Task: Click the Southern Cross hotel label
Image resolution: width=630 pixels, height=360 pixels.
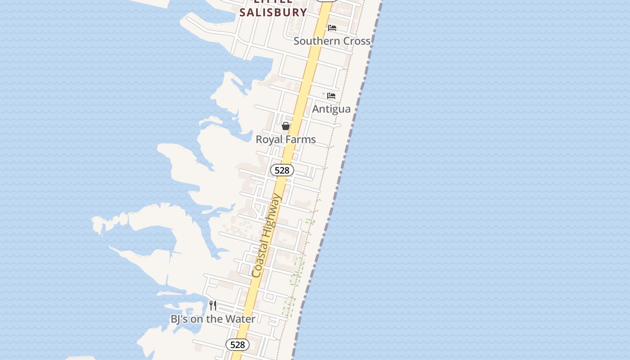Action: (332, 41)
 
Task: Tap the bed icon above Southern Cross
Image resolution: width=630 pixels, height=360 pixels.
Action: (332, 28)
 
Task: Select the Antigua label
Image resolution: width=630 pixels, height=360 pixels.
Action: (331, 109)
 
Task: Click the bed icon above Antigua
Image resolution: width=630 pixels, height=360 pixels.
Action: (331, 96)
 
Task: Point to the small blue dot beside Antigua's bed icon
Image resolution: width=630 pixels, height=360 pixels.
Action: (323, 94)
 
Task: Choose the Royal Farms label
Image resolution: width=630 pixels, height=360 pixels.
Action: (286, 139)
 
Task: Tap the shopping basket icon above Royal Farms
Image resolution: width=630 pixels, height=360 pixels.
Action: (286, 126)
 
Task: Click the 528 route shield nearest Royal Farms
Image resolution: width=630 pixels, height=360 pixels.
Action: (282, 170)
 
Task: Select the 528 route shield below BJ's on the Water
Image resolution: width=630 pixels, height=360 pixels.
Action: (237, 345)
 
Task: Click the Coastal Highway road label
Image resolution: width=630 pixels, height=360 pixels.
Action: (266, 236)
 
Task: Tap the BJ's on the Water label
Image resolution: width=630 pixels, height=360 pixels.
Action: (213, 319)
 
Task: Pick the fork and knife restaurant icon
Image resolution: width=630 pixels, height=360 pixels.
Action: (213, 306)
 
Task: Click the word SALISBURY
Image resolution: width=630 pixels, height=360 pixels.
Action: (273, 12)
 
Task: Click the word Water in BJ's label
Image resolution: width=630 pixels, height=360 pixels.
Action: (241, 319)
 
